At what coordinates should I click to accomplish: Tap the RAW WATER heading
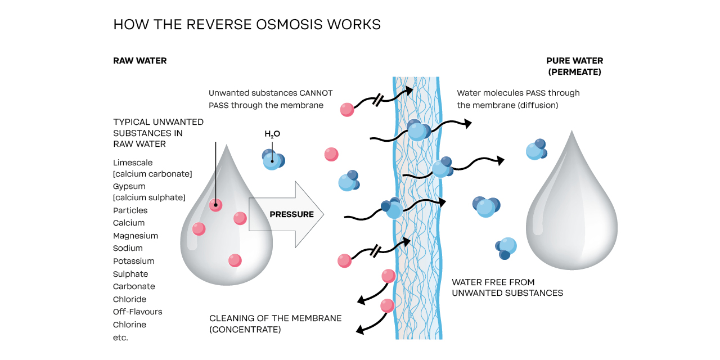tap(139, 61)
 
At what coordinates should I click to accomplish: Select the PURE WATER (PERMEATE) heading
tap(574, 66)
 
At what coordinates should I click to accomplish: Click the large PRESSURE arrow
tap(284, 214)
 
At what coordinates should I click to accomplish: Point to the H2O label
tap(272, 134)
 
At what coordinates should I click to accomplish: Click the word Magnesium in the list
tap(135, 236)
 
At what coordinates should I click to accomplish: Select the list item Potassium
tap(133, 261)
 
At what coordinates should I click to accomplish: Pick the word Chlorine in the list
tap(129, 325)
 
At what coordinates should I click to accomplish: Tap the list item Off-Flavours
tap(137, 312)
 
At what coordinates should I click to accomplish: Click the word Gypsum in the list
tap(129, 186)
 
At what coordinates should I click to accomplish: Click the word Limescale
tap(133, 163)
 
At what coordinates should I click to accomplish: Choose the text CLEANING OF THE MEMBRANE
tap(275, 318)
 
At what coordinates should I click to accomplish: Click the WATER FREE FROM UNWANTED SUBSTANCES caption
tap(507, 287)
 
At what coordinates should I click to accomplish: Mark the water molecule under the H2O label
tap(273, 159)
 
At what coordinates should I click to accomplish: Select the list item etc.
tap(120, 337)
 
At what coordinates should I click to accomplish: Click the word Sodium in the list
tap(128, 248)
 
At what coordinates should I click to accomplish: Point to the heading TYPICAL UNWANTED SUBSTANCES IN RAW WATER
tap(158, 133)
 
